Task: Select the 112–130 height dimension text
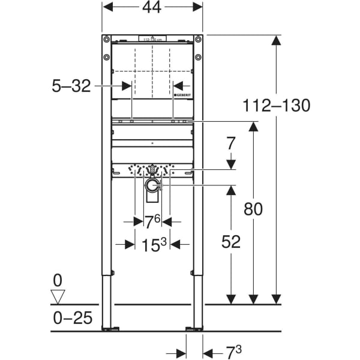click(x=277, y=106)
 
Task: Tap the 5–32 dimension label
click(x=71, y=86)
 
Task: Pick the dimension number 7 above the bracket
click(x=232, y=143)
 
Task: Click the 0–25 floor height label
click(x=72, y=317)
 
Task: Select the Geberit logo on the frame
click(x=182, y=96)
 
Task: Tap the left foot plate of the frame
click(x=110, y=328)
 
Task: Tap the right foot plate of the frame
click(x=194, y=328)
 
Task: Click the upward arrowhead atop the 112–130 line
click(x=276, y=40)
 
